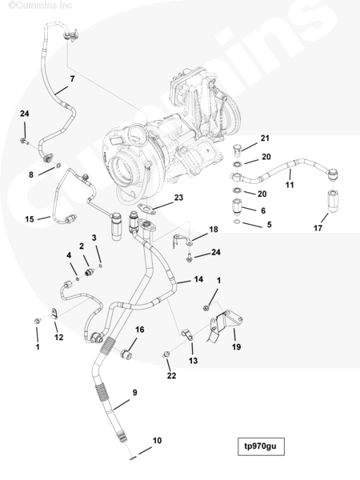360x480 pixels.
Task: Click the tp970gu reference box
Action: point(261,446)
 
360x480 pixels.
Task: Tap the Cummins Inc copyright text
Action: point(40,6)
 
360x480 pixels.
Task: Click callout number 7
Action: point(72,78)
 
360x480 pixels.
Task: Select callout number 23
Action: point(178,198)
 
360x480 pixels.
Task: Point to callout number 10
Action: point(157,441)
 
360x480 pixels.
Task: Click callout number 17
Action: point(318,228)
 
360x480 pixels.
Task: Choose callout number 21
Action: point(265,138)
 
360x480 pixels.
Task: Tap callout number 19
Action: point(236,346)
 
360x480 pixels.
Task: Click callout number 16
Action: point(139,330)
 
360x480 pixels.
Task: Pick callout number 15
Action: point(30,219)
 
